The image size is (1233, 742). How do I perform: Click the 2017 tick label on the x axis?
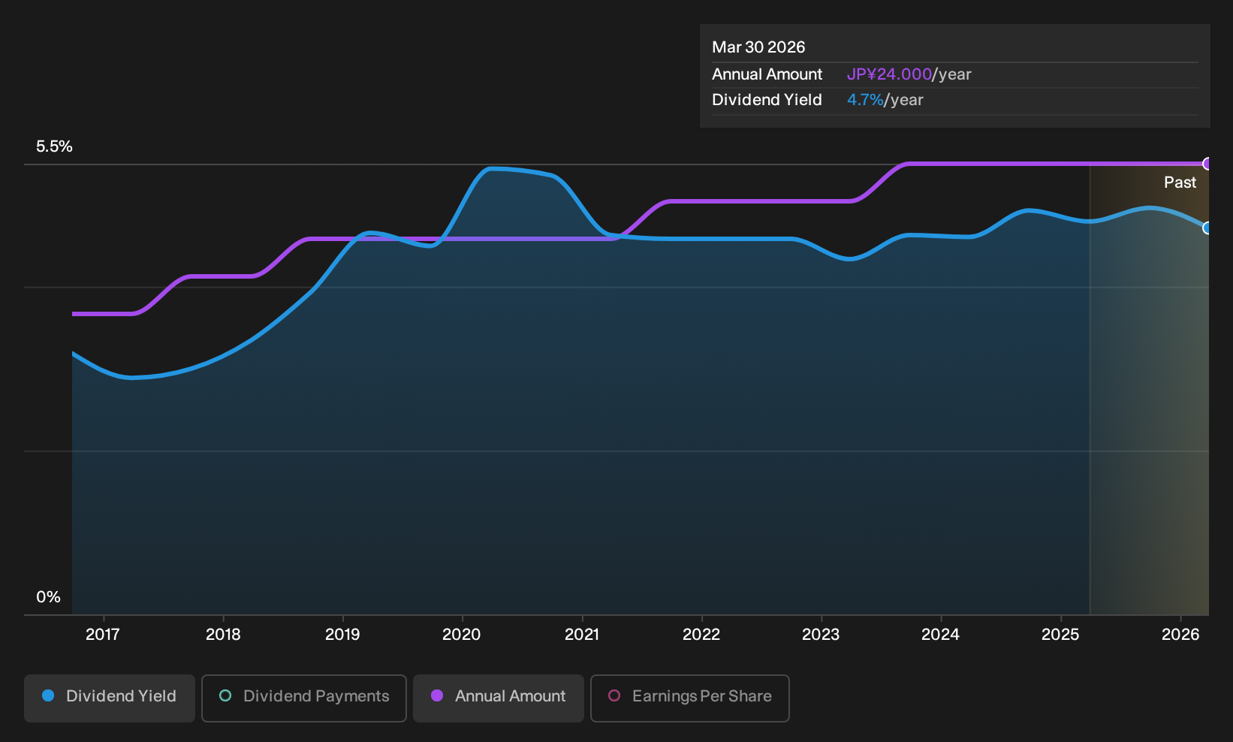tap(103, 635)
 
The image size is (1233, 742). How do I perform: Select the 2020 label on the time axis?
tap(462, 635)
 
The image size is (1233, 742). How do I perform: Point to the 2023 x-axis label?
tap(821, 635)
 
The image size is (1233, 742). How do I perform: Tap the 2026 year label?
tap(1180, 635)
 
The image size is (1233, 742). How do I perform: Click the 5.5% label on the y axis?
tap(54, 146)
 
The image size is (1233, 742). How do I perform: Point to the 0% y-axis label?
tap(49, 597)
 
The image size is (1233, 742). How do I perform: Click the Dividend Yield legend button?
tap(110, 698)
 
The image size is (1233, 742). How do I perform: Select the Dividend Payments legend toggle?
tap(304, 698)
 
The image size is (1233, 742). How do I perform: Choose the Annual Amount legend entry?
tap(498, 698)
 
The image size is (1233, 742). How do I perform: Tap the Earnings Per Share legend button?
tap(689, 698)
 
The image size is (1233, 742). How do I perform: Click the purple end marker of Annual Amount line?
tap(1207, 164)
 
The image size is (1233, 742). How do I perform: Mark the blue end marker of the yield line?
tap(1207, 228)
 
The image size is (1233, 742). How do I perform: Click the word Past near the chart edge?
tap(1180, 182)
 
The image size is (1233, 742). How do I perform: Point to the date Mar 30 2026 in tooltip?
tap(758, 47)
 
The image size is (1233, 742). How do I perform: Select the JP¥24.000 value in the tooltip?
tap(889, 74)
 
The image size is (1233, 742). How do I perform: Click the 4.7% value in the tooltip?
tap(865, 100)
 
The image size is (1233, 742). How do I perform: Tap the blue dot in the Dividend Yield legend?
tap(49, 695)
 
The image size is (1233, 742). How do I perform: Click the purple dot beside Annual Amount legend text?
tap(437, 695)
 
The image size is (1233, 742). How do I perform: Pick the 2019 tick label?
tap(342, 635)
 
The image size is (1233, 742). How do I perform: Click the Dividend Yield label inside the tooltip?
tap(767, 100)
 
